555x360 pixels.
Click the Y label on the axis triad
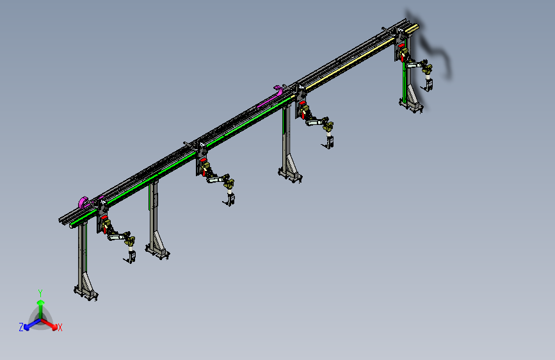coord(40,293)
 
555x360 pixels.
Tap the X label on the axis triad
coord(60,327)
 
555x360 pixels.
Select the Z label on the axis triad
coord(21,327)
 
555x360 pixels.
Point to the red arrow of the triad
coord(49,323)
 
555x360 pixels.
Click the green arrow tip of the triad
coord(41,303)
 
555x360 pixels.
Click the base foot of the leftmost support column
coord(86,293)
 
